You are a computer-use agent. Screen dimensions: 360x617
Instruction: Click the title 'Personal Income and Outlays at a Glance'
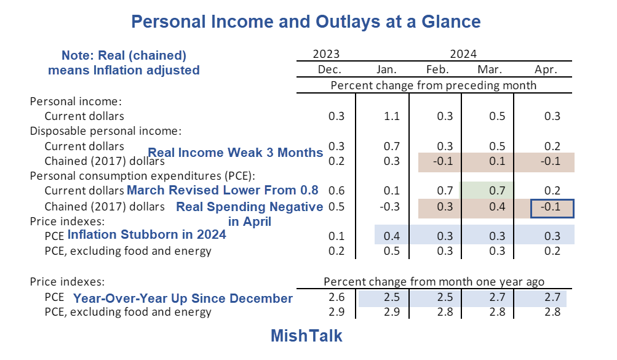click(x=306, y=22)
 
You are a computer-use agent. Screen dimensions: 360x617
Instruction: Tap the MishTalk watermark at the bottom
click(x=306, y=336)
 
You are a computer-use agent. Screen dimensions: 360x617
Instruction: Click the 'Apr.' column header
click(x=546, y=70)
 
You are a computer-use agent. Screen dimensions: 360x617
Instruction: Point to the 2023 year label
click(x=326, y=54)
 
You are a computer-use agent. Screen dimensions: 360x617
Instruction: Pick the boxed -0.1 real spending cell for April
click(x=552, y=207)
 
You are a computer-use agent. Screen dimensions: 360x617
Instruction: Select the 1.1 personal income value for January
click(x=391, y=116)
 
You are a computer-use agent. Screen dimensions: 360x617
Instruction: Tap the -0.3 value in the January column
click(x=390, y=207)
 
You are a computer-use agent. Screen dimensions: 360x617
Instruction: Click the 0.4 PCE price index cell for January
click(x=391, y=236)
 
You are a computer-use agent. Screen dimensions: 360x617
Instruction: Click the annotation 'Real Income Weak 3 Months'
click(x=236, y=153)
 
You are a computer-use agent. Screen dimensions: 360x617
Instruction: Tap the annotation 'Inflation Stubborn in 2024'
click(x=146, y=234)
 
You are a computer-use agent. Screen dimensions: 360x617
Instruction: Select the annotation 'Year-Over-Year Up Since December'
click(x=183, y=298)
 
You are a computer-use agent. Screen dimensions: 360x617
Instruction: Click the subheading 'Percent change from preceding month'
click(x=433, y=85)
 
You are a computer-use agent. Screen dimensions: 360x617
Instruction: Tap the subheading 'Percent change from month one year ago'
click(x=434, y=282)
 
